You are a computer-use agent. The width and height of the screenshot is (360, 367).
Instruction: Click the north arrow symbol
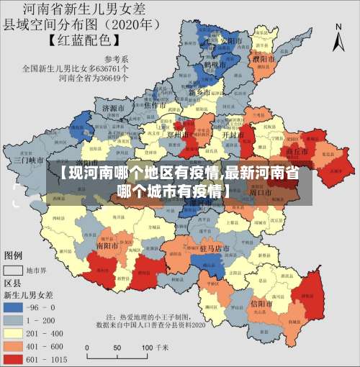[338, 36]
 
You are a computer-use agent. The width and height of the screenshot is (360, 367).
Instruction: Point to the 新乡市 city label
[199, 93]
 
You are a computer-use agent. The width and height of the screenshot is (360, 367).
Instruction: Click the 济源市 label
[114, 108]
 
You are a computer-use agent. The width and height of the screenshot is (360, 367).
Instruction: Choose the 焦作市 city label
[156, 105]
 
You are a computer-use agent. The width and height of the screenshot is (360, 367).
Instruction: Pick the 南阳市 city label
[108, 245]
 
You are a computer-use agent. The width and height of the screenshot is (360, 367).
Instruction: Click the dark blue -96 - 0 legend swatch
[14, 307]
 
